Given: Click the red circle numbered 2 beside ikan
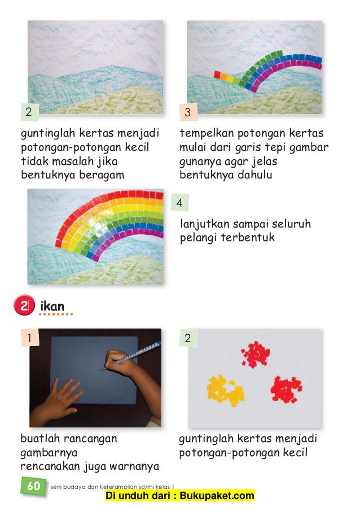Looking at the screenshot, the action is [x=24, y=305].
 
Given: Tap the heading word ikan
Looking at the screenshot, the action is [x=52, y=307].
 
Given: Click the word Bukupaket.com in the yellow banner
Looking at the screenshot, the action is [x=217, y=495].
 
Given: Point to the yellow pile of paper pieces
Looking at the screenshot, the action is [x=225, y=391].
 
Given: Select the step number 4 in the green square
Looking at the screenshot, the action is [x=179, y=203].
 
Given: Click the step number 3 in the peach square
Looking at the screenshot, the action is [x=188, y=112].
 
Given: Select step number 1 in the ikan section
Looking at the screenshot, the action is [x=30, y=338].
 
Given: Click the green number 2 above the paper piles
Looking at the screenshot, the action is [x=188, y=338].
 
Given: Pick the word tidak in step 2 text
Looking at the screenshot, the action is [x=35, y=161].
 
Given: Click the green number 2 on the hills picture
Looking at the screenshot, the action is [x=29, y=112].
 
